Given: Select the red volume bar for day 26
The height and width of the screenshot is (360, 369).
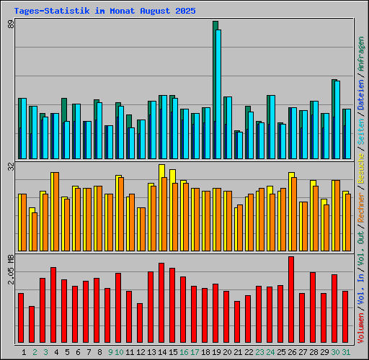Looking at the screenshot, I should click(291, 300).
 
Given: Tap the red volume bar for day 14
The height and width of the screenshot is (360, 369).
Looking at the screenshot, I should click(161, 303).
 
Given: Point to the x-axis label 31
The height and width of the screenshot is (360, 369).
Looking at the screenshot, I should click(346, 352).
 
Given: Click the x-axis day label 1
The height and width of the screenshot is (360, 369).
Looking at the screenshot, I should click(25, 352).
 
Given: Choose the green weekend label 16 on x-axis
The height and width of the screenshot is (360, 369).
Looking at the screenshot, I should click(184, 352).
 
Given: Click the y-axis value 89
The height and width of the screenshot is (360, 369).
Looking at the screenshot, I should click(11, 26).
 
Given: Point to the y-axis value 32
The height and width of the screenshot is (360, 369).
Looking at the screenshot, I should click(11, 167).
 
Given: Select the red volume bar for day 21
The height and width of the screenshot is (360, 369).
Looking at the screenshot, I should click(237, 323).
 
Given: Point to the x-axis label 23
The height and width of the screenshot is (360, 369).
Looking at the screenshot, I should click(259, 352).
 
